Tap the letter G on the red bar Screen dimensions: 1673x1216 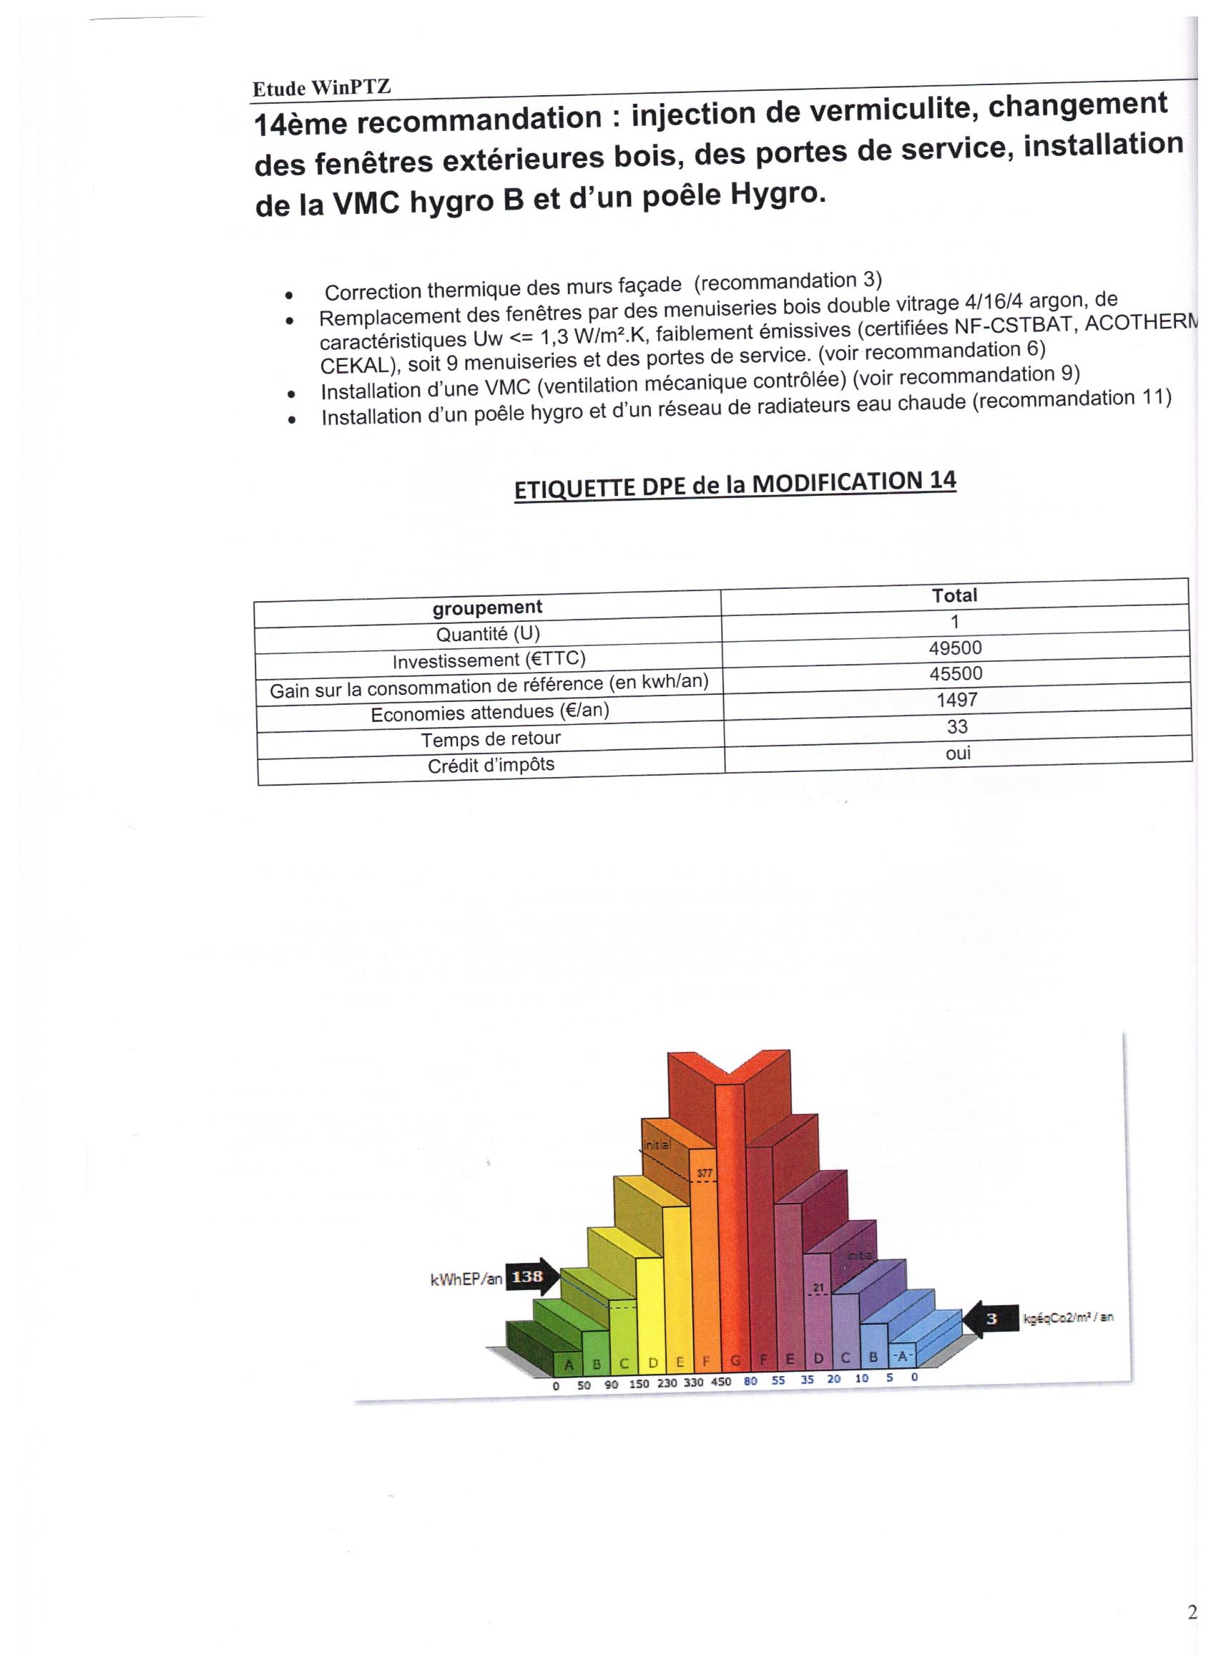pos(735,1361)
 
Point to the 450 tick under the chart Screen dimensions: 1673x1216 pos(720,1382)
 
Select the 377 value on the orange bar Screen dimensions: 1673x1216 pos(705,1173)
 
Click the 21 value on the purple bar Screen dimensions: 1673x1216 pos(818,1288)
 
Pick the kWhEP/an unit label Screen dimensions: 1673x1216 pos(466,1280)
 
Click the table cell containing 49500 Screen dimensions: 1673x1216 pos(955,648)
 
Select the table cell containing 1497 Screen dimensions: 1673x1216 pos(956,699)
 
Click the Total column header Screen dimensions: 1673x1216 pos(954,595)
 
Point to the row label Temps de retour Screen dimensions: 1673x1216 pos(491,739)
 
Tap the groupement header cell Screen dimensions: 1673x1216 pos(486,607)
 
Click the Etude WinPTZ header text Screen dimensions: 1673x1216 pos(321,88)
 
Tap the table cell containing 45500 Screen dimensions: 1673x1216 pos(956,673)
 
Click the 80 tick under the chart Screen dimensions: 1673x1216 pos(750,1381)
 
